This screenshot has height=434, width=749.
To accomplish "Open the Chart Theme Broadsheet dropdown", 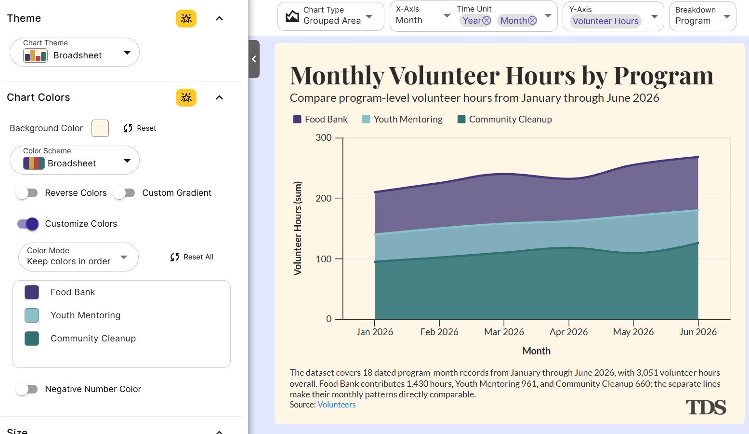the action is [75, 52].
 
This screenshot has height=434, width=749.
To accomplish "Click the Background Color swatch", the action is [100, 128].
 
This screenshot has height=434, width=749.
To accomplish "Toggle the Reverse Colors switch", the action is [27, 193].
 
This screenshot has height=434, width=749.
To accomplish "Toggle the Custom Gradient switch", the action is [124, 193].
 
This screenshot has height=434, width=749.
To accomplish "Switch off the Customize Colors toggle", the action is [28, 224].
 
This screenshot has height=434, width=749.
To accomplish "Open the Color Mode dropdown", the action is [78, 257].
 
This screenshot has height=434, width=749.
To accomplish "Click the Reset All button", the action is [192, 257].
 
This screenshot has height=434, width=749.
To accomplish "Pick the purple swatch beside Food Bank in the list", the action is [32, 292].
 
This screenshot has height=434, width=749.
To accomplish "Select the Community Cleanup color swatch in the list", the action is [32, 338].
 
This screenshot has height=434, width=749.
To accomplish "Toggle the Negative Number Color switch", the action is [27, 389].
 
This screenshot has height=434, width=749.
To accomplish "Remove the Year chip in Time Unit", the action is [486, 21].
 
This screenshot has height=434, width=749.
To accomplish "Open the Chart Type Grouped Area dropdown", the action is [331, 16].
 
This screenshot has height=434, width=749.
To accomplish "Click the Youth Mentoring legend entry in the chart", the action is [402, 119].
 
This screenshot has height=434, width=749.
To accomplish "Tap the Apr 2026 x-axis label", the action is [568, 332].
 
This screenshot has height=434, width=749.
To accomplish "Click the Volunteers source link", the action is [336, 405].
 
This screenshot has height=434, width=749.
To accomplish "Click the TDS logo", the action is [706, 407].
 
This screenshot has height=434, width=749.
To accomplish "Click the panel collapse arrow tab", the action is [254, 59].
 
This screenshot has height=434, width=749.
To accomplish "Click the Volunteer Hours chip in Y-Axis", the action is [605, 21].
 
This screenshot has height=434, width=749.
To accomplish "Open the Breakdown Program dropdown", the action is [703, 16].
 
